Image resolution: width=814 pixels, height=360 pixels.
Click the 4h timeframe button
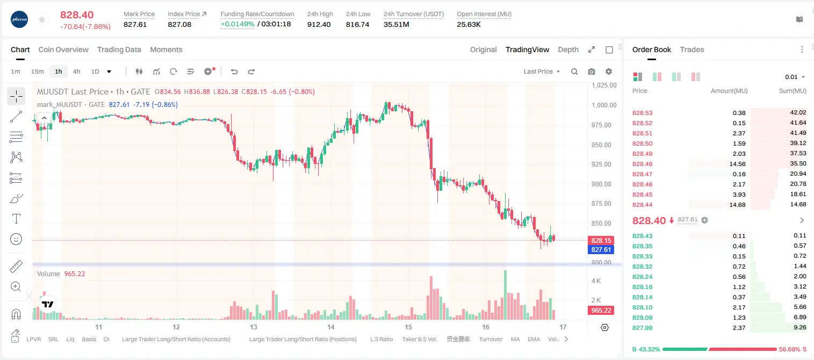click(x=76, y=71)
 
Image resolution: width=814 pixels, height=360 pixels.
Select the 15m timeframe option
click(x=38, y=71)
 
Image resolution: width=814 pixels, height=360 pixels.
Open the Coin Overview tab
click(x=63, y=49)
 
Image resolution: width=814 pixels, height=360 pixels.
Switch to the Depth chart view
click(x=568, y=49)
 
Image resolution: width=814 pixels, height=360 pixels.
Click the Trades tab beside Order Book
click(x=692, y=49)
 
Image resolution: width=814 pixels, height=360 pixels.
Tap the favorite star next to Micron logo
click(x=42, y=19)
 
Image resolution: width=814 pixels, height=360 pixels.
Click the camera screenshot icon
click(x=592, y=71)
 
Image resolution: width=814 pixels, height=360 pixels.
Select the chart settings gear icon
click(x=609, y=71)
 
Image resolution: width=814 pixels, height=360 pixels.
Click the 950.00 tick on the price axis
click(x=603, y=145)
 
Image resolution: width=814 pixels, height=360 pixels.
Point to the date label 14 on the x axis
click(x=330, y=327)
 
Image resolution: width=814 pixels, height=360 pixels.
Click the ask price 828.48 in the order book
click(x=642, y=164)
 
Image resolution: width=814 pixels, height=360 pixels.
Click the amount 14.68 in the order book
click(x=737, y=205)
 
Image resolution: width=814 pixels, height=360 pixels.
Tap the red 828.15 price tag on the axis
click(x=601, y=241)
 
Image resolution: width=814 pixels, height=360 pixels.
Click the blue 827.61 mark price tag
click(x=601, y=249)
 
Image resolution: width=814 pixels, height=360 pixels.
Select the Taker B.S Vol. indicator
click(x=419, y=339)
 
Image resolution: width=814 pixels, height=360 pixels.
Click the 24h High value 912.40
click(x=319, y=24)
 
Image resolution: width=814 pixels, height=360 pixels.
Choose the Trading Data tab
click(x=119, y=49)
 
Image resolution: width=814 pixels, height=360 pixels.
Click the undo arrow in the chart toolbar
click(x=234, y=71)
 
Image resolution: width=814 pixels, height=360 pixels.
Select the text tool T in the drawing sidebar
click(x=16, y=219)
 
